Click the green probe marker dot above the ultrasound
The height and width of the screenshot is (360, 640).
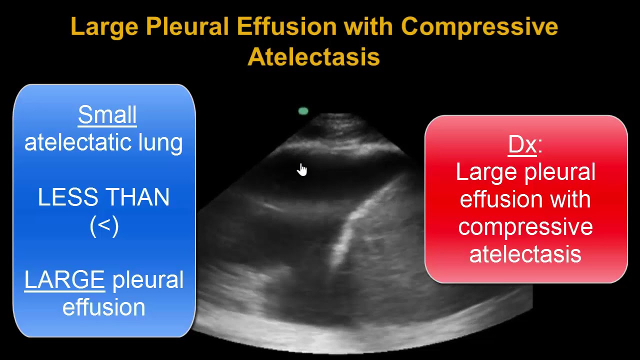coord(303,111)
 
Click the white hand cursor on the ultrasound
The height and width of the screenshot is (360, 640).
coord(302,170)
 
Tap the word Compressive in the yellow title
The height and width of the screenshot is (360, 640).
coord(479,26)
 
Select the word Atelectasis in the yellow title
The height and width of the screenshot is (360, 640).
coord(313,56)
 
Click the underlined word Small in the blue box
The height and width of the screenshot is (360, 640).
coord(107,115)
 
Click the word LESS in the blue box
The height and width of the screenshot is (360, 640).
coord(65,198)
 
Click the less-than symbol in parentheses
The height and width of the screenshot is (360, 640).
coord(104,226)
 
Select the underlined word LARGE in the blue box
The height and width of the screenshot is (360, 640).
coord(64,280)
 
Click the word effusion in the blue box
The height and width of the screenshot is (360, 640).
coord(103,307)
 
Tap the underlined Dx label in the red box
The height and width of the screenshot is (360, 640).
coord(522,144)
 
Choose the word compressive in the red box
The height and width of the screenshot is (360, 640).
coord(525,227)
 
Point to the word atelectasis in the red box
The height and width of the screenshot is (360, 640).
coord(525,254)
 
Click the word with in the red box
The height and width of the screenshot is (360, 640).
coord(570,199)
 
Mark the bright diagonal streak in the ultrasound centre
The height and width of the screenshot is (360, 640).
coord(350,230)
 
